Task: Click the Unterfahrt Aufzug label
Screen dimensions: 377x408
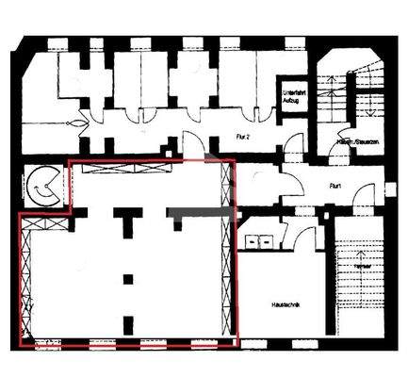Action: pos(289,95)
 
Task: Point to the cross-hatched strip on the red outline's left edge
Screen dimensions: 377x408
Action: pos(25,277)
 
